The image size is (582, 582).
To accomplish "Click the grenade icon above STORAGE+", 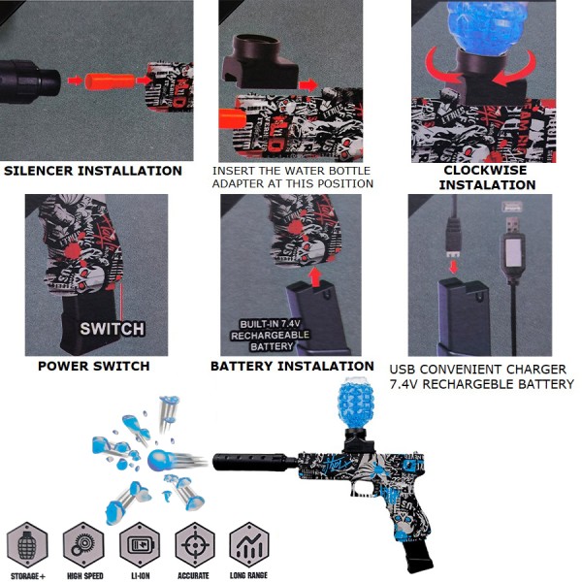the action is tap(27, 545).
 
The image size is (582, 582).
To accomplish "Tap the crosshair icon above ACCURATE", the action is tap(195, 545).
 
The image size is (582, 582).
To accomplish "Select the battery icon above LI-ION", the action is tap(140, 545).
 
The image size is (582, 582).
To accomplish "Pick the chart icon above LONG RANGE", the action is tap(249, 545).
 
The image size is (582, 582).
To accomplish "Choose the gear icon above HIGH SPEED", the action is tap(83, 545).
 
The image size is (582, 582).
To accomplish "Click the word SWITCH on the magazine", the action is tap(113, 329).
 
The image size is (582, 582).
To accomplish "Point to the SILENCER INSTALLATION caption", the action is tap(93, 171).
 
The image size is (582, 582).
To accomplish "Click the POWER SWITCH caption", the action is tap(94, 366).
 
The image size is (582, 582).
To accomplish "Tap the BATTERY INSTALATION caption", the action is tap(292, 366).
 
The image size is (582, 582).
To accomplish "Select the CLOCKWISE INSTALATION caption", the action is tap(487, 178).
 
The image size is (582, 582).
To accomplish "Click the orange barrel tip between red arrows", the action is tap(110, 81).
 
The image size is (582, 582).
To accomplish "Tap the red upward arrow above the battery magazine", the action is tap(315, 276).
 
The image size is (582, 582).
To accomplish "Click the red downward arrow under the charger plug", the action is tap(454, 267).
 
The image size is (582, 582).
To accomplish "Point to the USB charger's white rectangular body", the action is tap(514, 252).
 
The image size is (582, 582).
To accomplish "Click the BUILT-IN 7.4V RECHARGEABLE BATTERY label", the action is tap(271, 336).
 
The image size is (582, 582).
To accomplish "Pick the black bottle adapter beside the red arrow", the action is tap(260, 62).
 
